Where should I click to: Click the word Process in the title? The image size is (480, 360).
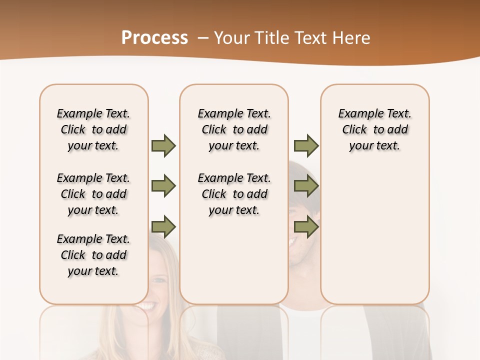click(154, 37)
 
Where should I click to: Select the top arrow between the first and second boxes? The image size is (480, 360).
click(163, 145)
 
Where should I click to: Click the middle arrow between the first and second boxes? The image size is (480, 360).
click(163, 186)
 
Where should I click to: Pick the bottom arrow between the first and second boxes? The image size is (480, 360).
click(163, 227)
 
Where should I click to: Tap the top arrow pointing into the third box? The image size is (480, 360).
click(306, 145)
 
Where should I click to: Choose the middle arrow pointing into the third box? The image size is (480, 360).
click(306, 186)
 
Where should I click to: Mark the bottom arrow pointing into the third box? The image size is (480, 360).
click(306, 227)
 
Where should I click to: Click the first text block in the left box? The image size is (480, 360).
click(93, 129)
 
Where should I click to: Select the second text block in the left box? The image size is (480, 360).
click(93, 194)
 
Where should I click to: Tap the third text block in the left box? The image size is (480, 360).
click(93, 255)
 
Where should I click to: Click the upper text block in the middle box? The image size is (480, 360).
click(234, 129)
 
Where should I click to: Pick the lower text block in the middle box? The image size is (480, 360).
click(234, 194)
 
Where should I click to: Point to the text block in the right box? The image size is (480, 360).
click(374, 129)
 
